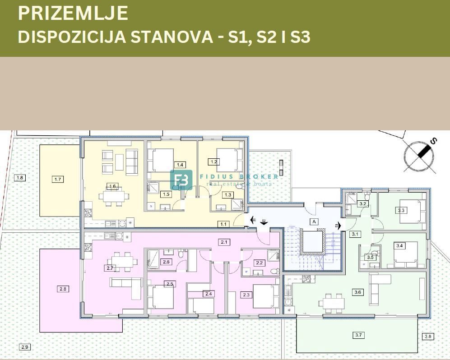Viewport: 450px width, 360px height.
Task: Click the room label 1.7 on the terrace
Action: (57, 180)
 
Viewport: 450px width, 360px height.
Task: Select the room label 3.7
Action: (359, 335)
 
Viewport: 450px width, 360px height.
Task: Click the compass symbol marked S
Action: (420, 157)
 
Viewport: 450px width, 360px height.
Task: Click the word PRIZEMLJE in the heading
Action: (73, 14)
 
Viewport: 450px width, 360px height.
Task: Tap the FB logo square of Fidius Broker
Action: (181, 180)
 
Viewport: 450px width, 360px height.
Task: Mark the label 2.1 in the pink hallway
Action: (224, 242)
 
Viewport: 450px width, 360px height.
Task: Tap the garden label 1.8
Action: (19, 178)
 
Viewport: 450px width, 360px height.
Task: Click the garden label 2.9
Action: (24, 346)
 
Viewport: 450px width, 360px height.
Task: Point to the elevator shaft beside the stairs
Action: (313, 241)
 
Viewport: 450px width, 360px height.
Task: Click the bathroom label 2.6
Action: (166, 262)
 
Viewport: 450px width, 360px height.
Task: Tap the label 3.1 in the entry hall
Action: (355, 234)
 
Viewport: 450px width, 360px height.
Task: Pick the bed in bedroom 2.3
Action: (264, 296)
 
